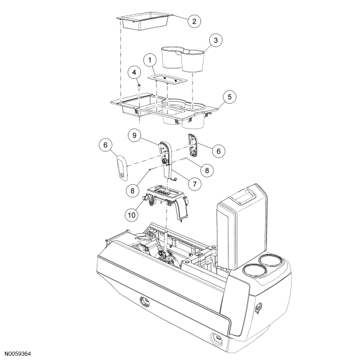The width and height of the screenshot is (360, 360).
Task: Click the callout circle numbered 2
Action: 194,21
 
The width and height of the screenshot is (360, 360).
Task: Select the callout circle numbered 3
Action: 215,40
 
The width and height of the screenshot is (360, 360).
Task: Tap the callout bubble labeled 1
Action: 150,60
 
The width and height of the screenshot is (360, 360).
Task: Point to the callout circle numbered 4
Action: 134,73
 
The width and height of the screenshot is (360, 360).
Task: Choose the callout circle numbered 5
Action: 230,97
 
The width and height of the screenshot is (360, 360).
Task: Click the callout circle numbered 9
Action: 135,135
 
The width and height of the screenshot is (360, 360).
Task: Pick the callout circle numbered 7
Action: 194,184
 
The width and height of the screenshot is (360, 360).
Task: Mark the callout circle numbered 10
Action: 132,215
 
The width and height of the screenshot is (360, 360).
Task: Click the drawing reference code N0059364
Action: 18,354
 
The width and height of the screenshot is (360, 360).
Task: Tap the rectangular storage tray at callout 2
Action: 145,21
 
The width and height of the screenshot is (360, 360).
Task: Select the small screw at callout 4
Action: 139,86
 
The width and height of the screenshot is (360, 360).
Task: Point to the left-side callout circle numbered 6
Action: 106,145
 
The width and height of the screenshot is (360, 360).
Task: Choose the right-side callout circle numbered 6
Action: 218,151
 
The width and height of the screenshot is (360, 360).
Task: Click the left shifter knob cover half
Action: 122,167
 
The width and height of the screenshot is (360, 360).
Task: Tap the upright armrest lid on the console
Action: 242,227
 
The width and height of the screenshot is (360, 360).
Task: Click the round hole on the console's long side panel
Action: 145,302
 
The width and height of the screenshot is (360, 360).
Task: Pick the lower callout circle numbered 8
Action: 132,191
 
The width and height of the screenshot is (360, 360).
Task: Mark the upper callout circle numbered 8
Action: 207,170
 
